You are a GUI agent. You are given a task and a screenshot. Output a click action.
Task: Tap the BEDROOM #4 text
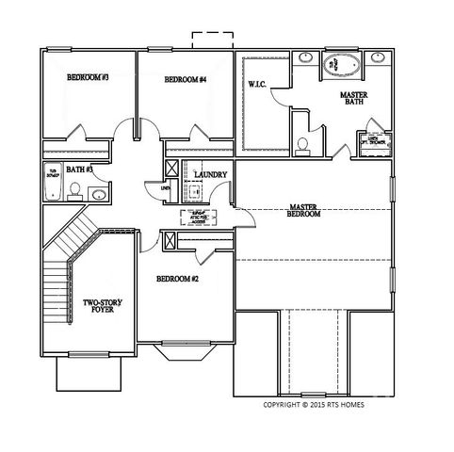[185, 80]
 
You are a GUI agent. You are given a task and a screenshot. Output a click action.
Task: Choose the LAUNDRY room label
[212, 173]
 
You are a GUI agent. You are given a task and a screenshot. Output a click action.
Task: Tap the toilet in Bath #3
[73, 192]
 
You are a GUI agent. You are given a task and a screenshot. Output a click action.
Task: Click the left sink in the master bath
[306, 58]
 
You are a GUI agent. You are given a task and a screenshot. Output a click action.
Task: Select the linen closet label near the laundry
[166, 188]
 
